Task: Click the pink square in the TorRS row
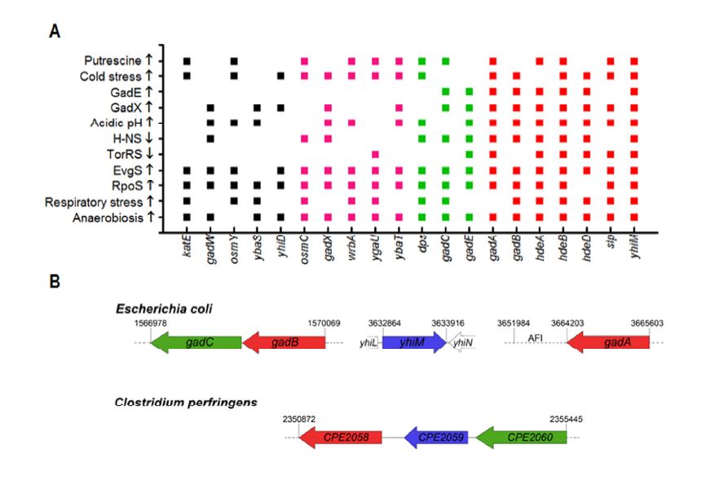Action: tap(375, 154)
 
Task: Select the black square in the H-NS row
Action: tap(210, 139)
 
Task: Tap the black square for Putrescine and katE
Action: tap(187, 61)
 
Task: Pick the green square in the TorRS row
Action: tap(470, 154)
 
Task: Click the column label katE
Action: tap(187, 242)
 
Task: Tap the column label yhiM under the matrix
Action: tap(633, 242)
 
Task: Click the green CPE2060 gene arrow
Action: tap(521, 438)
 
